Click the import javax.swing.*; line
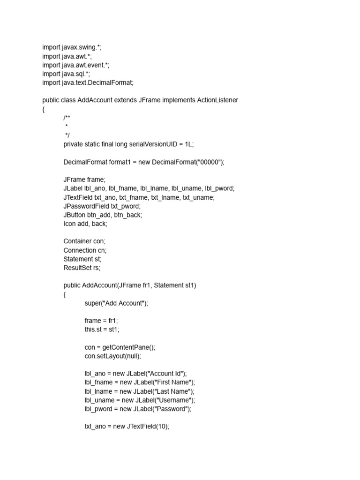[72, 47]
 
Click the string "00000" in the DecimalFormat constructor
[209, 162]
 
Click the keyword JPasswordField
[86, 206]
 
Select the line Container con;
[84, 241]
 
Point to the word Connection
[80, 250]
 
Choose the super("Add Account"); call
[116, 303]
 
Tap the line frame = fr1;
[101, 321]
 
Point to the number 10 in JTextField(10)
[162, 427]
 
